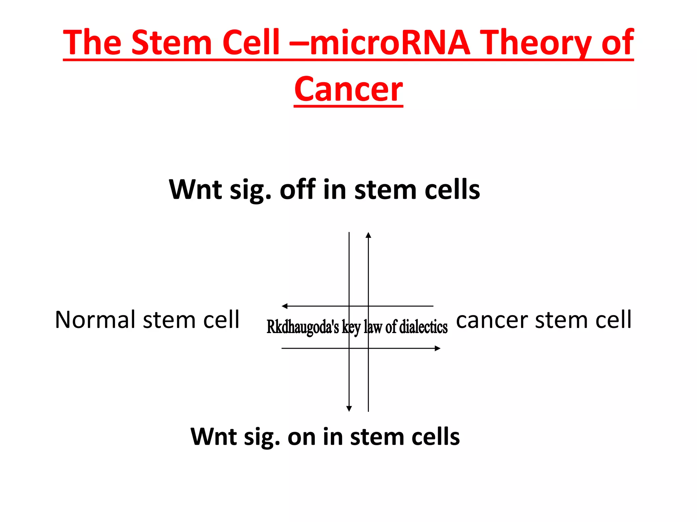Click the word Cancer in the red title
(348, 89)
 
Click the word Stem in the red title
(172, 42)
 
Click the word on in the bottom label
(302, 437)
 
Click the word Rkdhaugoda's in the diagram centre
(303, 327)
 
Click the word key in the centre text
(351, 327)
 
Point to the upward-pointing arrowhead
(368, 235)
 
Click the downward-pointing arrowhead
(349, 409)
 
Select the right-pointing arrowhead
(438, 348)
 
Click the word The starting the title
(92, 42)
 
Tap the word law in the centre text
(373, 327)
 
